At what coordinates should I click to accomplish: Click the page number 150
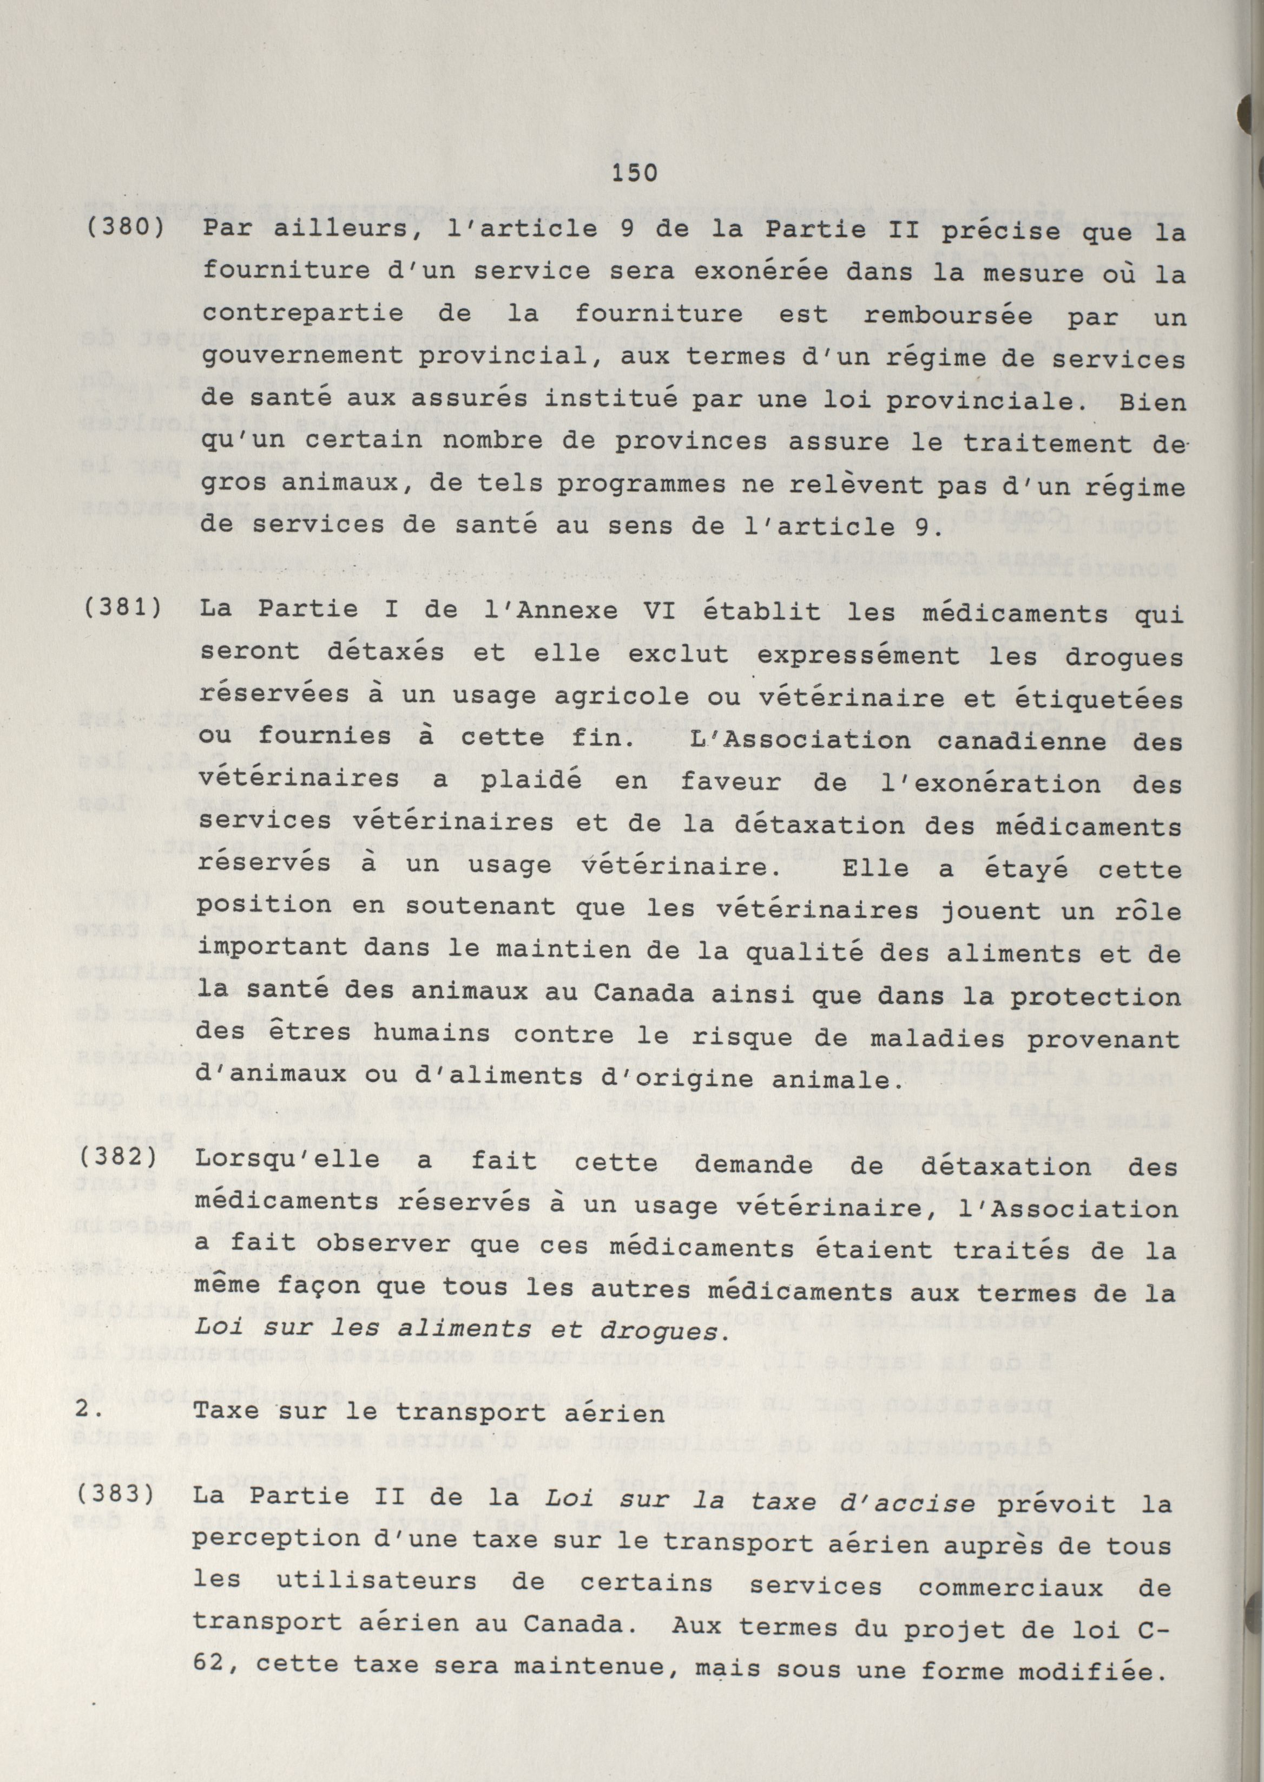(x=634, y=173)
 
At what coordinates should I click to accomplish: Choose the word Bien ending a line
(x=1151, y=403)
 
